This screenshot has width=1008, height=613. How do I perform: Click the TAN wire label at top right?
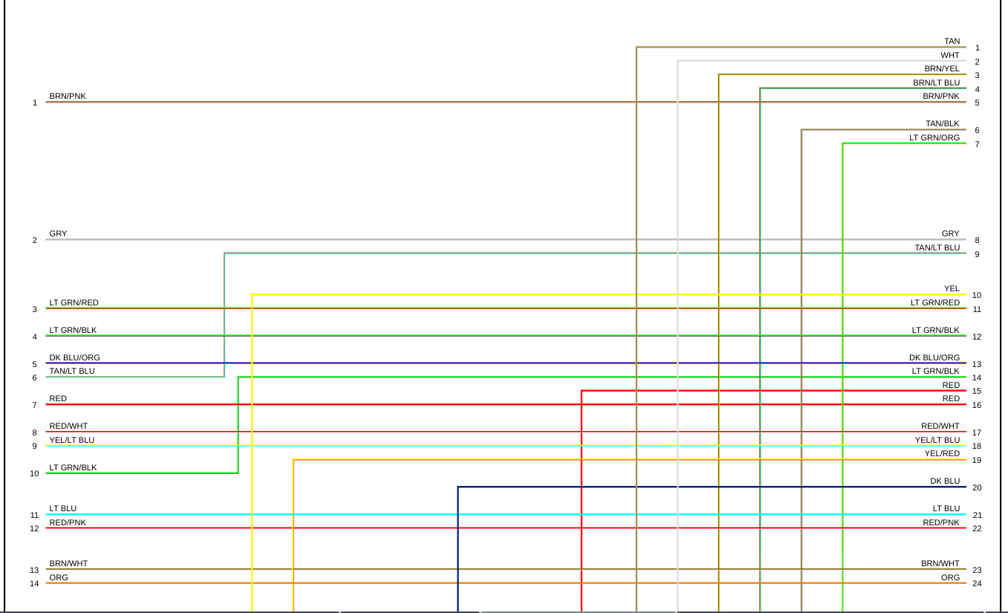(952, 42)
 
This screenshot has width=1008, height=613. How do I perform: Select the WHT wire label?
(950, 56)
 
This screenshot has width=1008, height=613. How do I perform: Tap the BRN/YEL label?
(942, 69)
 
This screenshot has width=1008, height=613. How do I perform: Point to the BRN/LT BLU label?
(936, 83)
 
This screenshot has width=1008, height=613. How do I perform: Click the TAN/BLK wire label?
(943, 124)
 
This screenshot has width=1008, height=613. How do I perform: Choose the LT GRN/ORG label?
(934, 138)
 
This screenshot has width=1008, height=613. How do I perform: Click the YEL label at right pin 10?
(952, 289)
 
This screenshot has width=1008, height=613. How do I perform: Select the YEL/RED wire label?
(942, 454)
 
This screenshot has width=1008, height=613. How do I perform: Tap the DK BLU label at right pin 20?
(945, 481)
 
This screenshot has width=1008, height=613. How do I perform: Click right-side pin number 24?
(977, 584)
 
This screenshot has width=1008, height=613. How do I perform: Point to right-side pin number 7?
(977, 145)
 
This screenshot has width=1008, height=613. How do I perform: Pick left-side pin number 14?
(34, 584)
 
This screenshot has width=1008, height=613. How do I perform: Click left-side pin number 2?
(34, 241)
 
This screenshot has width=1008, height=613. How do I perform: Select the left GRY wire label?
(58, 234)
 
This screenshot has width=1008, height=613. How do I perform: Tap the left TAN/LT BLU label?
(72, 372)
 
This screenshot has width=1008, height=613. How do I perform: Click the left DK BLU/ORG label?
(74, 358)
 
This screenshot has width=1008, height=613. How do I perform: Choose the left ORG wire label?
(59, 578)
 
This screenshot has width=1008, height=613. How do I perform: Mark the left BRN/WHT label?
(68, 564)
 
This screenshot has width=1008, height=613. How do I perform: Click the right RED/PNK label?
(941, 523)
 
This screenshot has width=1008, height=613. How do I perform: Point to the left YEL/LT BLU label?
(72, 441)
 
